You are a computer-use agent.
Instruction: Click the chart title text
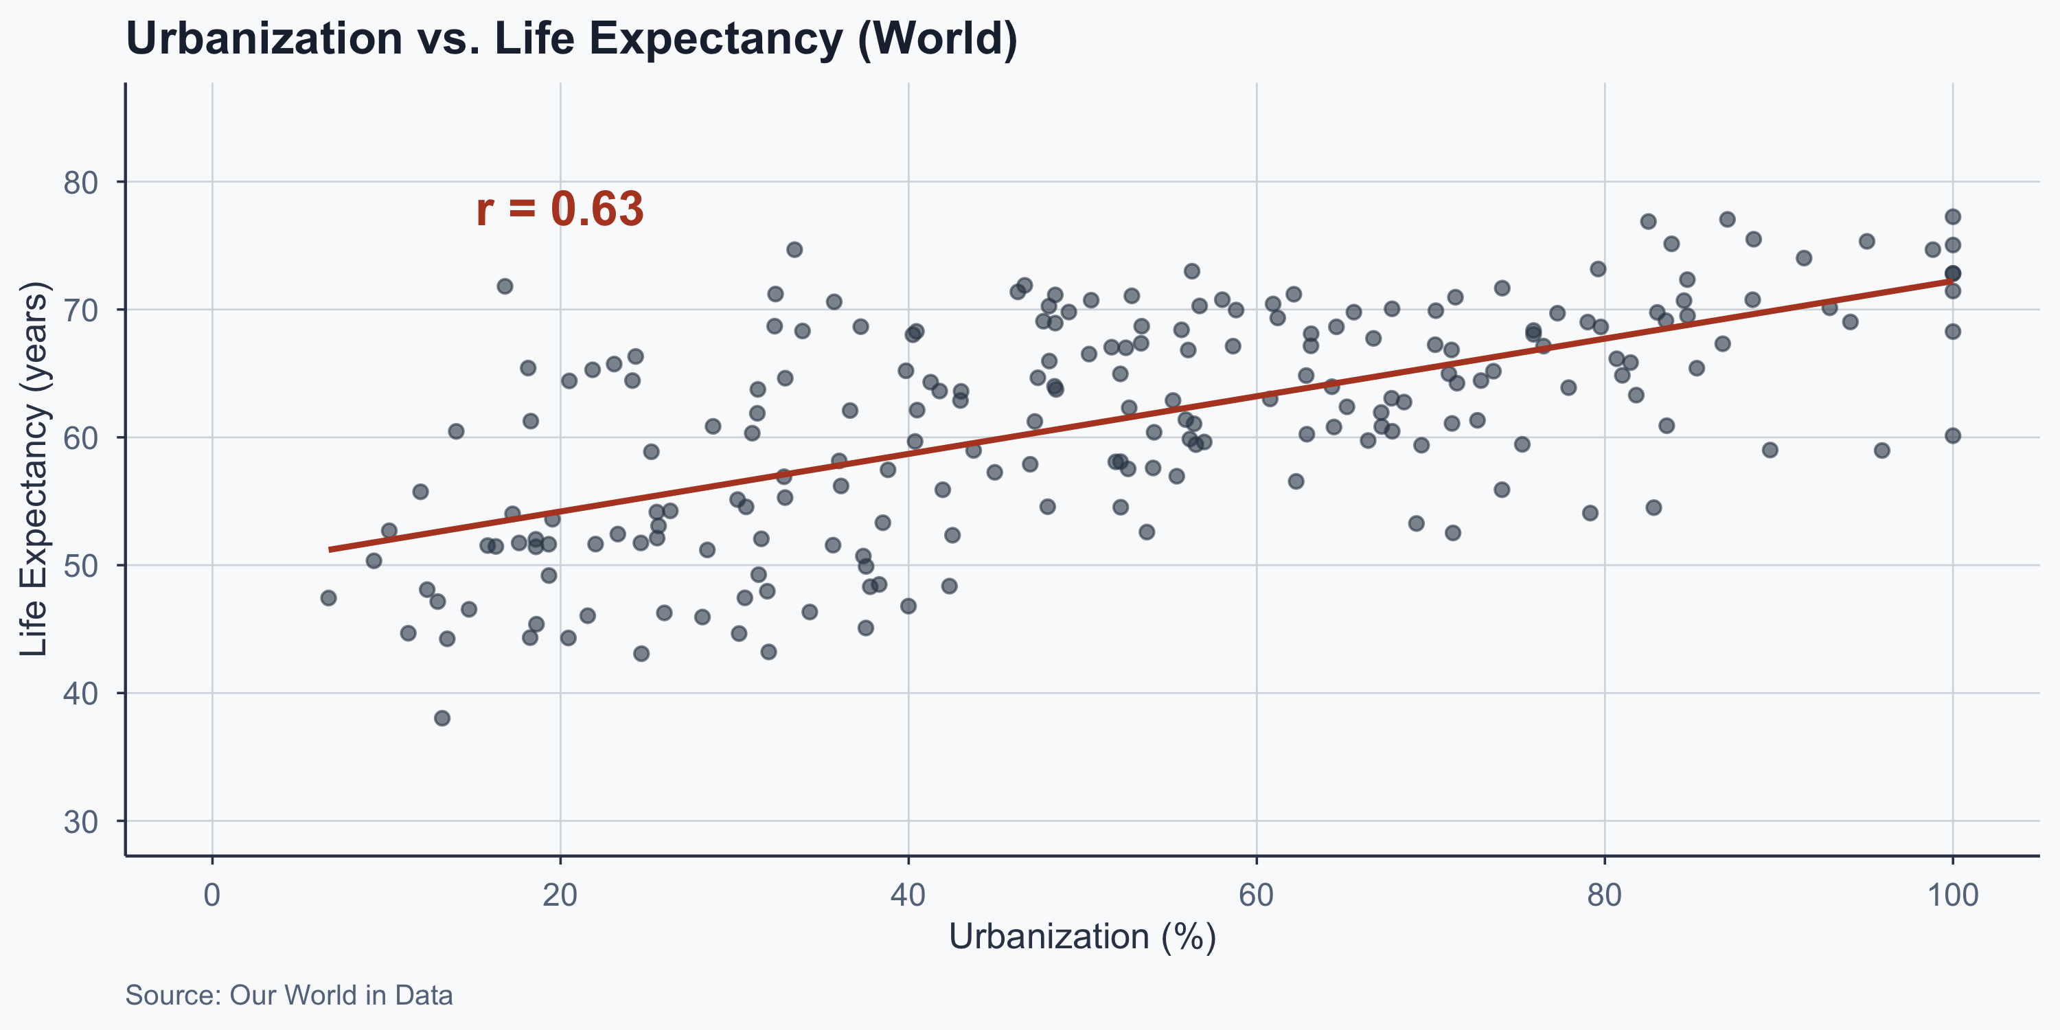(571, 38)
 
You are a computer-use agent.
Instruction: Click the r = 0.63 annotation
(559, 209)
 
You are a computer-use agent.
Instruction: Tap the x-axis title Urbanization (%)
(1082, 937)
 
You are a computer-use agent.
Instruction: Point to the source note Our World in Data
(288, 996)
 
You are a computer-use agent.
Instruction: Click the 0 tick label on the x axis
(212, 895)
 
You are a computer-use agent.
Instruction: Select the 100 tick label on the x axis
(1952, 895)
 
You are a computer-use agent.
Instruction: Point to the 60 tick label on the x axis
(1257, 895)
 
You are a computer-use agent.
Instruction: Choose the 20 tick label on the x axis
(560, 895)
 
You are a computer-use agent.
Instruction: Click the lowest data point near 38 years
(442, 718)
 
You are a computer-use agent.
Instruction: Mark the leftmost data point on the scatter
(328, 598)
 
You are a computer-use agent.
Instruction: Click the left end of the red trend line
(330, 549)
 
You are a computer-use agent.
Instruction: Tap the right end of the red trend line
(1952, 281)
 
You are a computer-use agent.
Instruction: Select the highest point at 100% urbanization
(1952, 217)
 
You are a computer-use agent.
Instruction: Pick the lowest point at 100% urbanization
(1952, 436)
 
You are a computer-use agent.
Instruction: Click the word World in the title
(937, 38)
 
